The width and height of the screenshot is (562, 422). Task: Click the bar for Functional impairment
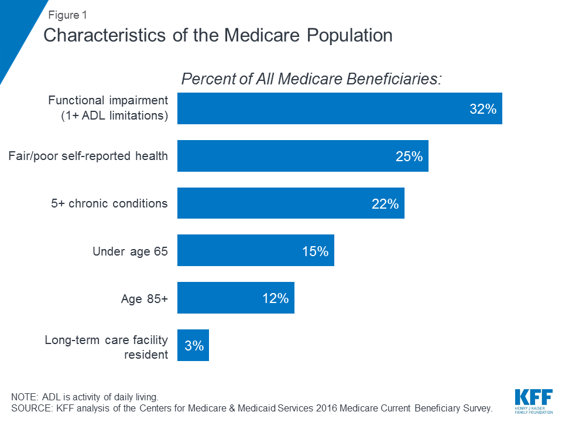[x=340, y=108]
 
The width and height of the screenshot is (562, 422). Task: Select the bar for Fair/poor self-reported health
[x=303, y=156]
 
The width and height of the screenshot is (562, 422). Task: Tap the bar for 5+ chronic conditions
[x=290, y=203]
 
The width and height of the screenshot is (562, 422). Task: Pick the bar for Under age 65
[x=255, y=251]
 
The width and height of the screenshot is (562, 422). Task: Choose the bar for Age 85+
[x=235, y=298]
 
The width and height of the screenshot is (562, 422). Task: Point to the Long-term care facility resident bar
[x=193, y=345]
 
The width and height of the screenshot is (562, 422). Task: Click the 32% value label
[x=482, y=109]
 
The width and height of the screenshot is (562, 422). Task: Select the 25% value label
[x=408, y=156]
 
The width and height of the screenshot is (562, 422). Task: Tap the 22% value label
[x=384, y=204]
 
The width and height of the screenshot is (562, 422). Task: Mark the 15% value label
[x=314, y=251]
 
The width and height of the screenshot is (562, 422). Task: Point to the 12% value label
[x=275, y=298]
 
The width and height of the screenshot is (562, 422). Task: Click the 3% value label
[x=194, y=346]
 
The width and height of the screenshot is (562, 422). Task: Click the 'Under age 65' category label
[x=130, y=251]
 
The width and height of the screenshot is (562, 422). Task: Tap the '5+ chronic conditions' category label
[x=109, y=204]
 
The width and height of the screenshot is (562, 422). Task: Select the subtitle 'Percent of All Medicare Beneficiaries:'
[x=311, y=79]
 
